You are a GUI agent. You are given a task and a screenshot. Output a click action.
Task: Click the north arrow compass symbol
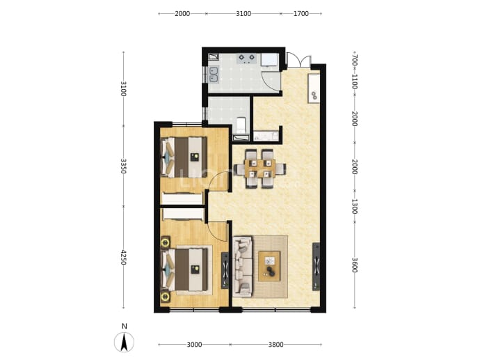tap(124, 342)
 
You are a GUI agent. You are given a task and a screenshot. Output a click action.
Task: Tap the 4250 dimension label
tap(123, 258)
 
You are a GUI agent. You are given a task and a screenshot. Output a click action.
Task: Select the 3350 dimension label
tap(123, 166)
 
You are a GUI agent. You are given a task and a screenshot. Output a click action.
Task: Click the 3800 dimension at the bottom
tap(275, 345)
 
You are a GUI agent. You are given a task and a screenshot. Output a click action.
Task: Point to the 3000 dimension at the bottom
tap(194, 345)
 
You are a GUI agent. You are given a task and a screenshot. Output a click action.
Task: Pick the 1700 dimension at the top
tap(301, 13)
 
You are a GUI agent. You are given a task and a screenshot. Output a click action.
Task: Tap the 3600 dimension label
tap(355, 265)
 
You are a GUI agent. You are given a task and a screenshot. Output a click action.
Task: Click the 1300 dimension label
tap(355, 207)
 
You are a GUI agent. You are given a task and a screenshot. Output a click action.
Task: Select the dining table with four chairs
tap(260, 169)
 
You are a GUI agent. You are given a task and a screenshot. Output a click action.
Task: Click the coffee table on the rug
tap(269, 266)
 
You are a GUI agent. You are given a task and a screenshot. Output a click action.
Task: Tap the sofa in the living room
tap(243, 267)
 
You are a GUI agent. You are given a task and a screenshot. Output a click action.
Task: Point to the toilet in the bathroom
tap(241, 125)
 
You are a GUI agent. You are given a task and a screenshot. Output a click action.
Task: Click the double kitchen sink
tap(214, 75)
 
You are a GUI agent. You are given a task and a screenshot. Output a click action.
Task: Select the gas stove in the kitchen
tap(247, 58)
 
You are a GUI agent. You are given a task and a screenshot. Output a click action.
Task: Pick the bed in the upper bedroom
tap(184, 157)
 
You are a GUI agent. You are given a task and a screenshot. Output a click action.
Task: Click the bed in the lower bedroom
tap(184, 269)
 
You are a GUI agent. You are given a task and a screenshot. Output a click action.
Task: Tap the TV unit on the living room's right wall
tap(316, 267)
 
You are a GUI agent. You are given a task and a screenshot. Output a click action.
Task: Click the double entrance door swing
tap(298, 60)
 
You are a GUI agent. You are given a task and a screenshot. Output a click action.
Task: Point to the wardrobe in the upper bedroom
tap(182, 198)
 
